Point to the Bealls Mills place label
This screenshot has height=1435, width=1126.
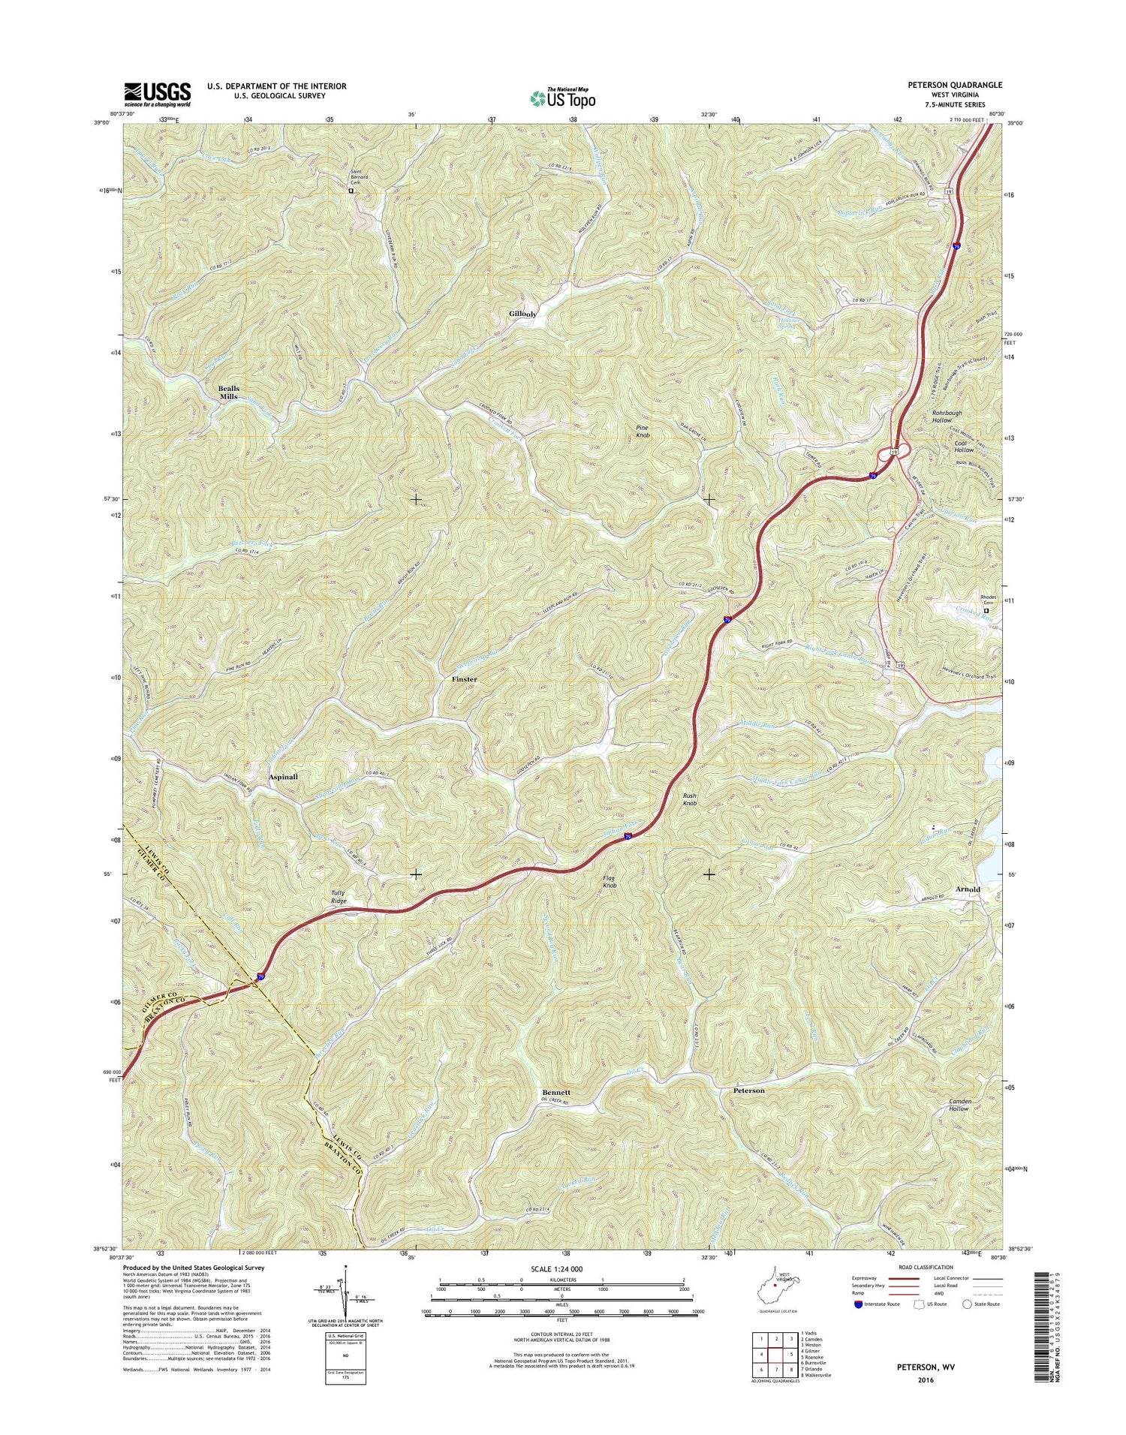pyautogui.click(x=228, y=392)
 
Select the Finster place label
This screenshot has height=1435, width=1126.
pyautogui.click(x=464, y=679)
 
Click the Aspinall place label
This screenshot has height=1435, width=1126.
pyautogui.click(x=283, y=778)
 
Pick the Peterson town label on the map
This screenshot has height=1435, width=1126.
pyautogui.click(x=748, y=1091)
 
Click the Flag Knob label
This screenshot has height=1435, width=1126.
pyautogui.click(x=609, y=882)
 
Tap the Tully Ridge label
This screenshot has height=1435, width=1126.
pyautogui.click(x=339, y=896)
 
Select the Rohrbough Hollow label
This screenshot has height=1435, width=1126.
pyautogui.click(x=935, y=417)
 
